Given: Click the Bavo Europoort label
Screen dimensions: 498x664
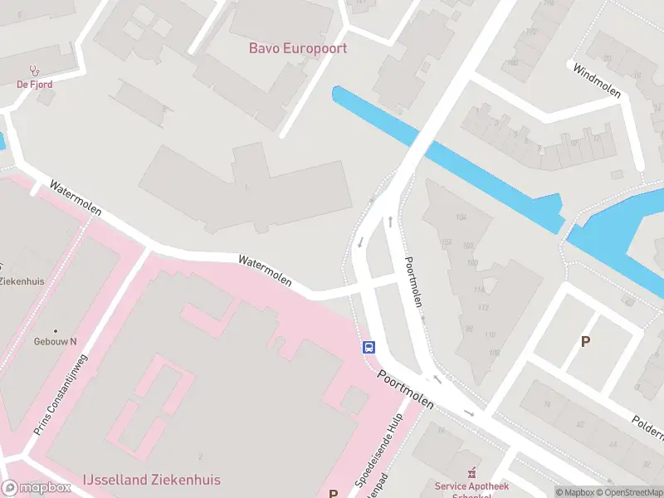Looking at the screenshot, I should pos(298,48).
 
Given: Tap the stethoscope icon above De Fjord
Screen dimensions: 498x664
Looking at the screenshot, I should pos(34,71).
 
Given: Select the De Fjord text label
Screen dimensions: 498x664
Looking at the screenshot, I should pos(34,84).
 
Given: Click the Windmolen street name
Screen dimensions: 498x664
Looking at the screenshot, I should pos(597,81).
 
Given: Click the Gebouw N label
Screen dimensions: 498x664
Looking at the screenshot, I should pos(55,342).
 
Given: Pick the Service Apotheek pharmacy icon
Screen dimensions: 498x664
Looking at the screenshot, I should pos(473,472).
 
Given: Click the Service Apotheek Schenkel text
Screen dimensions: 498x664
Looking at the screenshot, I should pos(471,487).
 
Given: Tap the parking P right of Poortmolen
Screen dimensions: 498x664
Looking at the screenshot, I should pos(586,341).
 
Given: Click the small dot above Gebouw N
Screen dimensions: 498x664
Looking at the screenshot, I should pos(56,330).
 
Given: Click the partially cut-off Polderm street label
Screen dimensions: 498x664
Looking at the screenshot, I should pos(647,425).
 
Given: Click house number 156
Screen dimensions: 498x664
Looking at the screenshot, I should pos(447,242).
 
